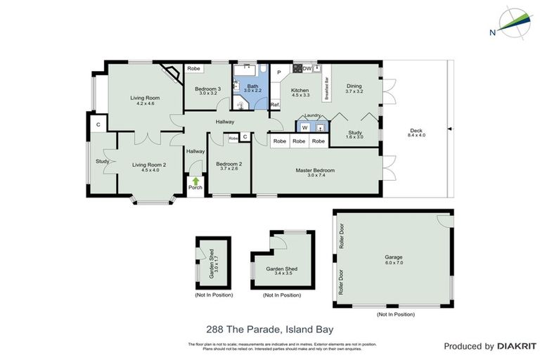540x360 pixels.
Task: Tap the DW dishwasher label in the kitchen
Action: tap(307, 68)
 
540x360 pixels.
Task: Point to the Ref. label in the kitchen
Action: tap(275, 105)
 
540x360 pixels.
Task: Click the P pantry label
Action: tap(278, 72)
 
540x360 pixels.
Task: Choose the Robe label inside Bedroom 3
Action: tap(194, 68)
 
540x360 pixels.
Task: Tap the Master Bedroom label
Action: tap(314, 170)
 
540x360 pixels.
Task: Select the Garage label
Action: tap(394, 257)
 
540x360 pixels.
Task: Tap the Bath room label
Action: tap(252, 86)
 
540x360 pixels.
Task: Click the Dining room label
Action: tap(354, 86)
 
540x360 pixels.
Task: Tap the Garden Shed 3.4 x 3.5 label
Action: tap(281, 272)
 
